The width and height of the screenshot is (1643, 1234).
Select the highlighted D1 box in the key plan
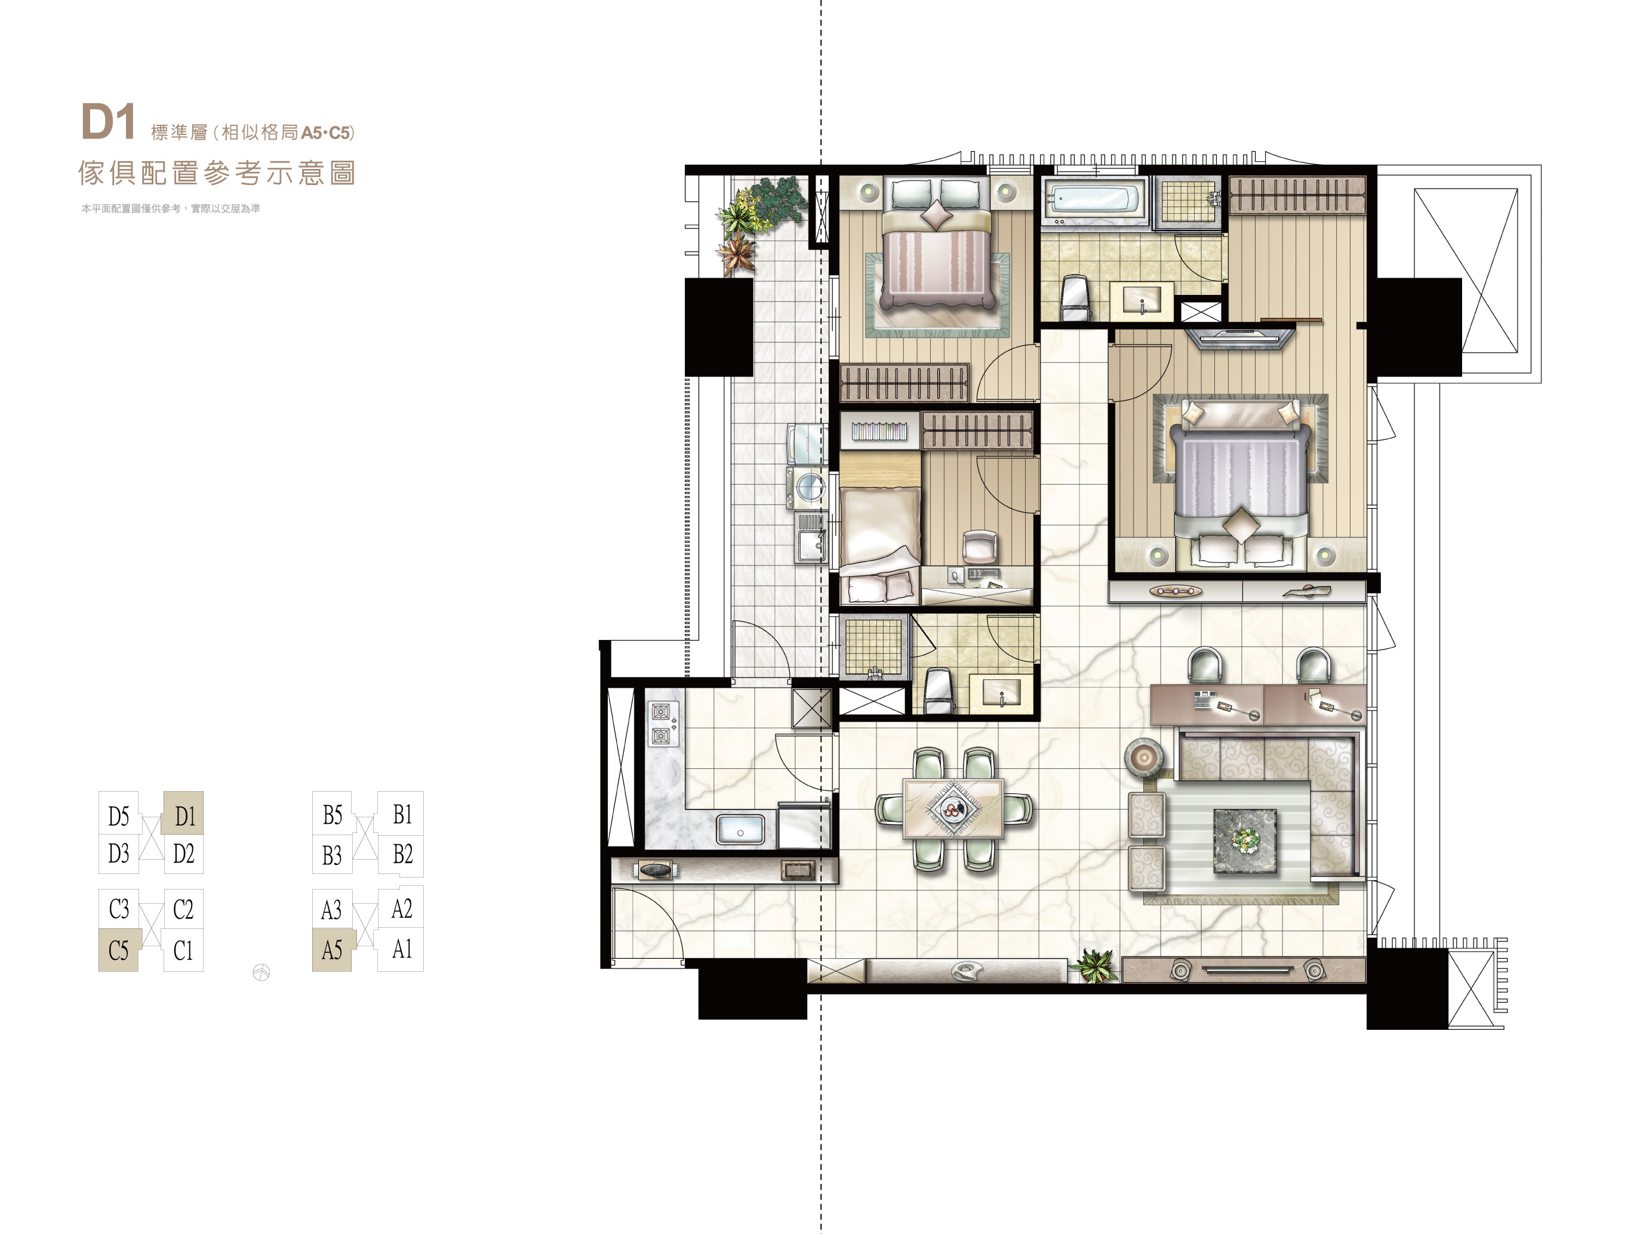click(x=183, y=813)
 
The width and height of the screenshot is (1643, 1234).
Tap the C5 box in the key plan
click(x=119, y=950)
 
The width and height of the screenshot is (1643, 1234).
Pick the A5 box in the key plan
click(x=332, y=950)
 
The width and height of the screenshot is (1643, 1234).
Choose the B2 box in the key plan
click(x=402, y=854)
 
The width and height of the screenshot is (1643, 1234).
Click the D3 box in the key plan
click(x=119, y=854)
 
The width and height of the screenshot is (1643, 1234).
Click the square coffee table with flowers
click(x=1245, y=840)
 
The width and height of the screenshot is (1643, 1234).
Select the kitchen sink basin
click(x=740, y=830)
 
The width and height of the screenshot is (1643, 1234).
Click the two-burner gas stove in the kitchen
click(x=661, y=724)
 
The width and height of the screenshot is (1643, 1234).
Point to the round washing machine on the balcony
click(x=809, y=488)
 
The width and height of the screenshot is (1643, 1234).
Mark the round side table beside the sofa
click(x=1144, y=758)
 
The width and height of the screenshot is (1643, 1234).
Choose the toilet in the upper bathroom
click(x=1075, y=299)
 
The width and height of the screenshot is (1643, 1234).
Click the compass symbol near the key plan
click(x=261, y=972)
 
